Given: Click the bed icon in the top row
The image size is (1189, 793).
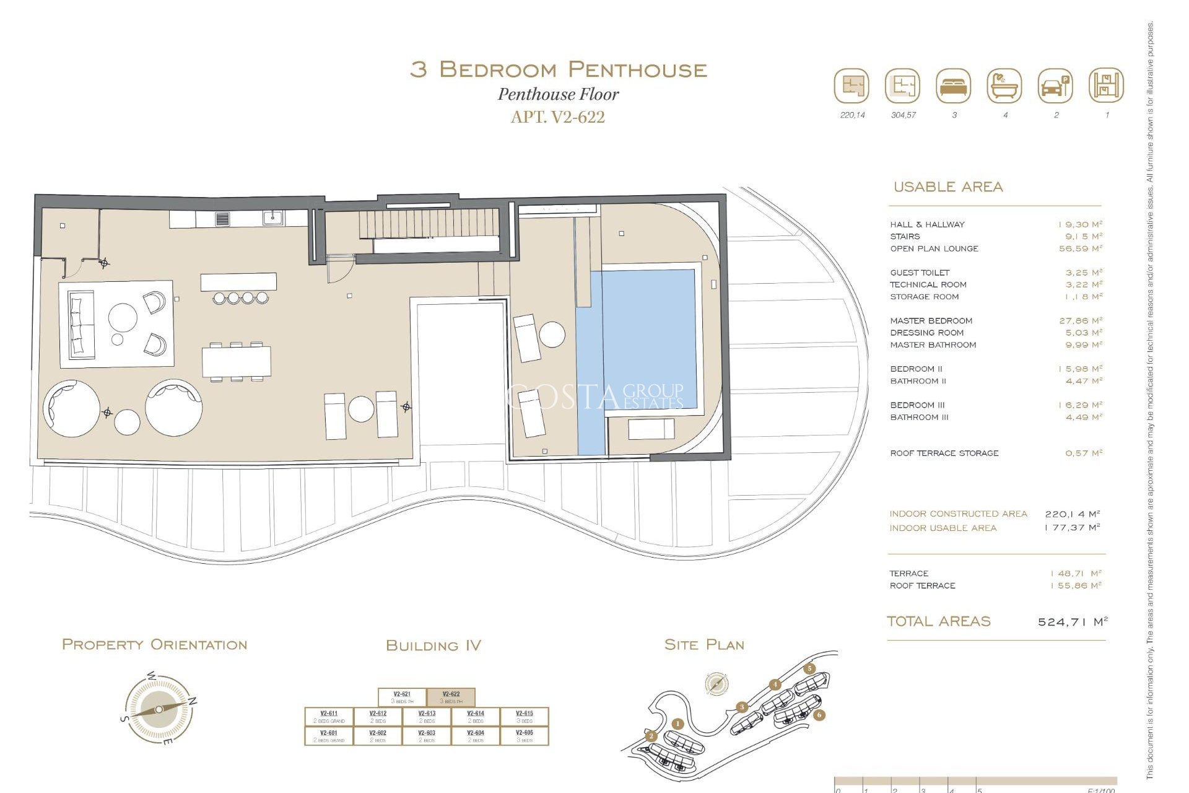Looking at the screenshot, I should (954, 85).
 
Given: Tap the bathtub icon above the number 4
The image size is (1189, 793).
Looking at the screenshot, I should (1004, 85).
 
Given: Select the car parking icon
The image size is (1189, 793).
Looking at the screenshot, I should (1055, 85).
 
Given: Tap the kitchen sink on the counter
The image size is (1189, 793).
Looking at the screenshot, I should (272, 218).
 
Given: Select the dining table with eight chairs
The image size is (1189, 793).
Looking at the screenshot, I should (236, 361).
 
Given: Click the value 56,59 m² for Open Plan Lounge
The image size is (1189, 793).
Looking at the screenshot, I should (1081, 248).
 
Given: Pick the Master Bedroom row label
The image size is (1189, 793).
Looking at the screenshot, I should (931, 321).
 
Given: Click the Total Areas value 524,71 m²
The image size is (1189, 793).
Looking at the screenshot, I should (1072, 621).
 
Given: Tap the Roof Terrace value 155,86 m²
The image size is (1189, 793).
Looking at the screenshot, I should (1076, 585).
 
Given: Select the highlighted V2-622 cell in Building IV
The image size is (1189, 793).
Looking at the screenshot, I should (451, 698).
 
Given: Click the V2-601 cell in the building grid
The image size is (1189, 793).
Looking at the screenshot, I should (329, 736).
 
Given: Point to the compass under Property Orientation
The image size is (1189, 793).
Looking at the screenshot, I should (159, 709).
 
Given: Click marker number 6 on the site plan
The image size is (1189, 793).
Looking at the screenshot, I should (819, 715).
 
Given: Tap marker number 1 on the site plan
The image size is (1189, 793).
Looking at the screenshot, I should (677, 724).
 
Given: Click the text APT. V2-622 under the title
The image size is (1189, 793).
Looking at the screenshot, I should (557, 117).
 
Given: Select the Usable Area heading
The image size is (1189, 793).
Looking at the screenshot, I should (947, 186).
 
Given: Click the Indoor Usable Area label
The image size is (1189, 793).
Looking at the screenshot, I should (943, 528).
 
